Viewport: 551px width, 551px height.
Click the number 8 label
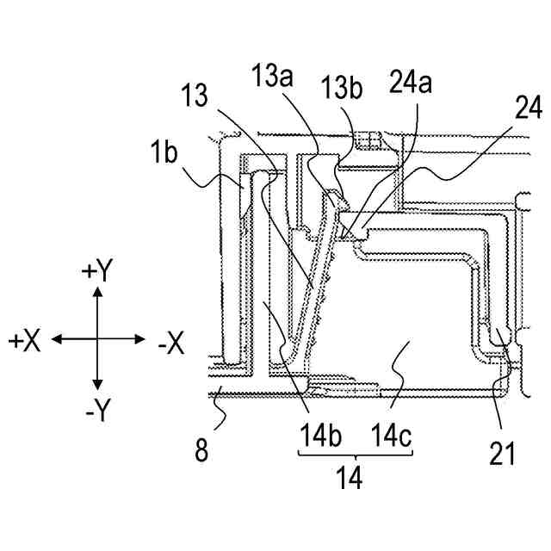tap(201, 450)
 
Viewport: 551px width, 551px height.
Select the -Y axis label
tap(96, 412)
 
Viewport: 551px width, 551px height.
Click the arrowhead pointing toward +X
tap(54, 340)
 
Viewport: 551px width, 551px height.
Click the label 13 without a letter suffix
tap(196, 96)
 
